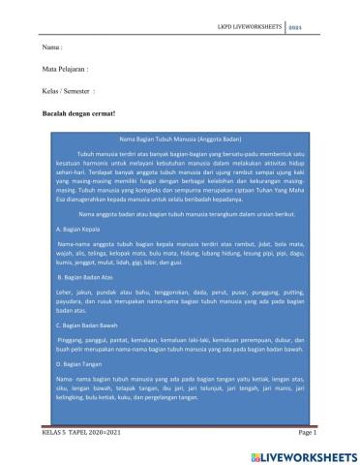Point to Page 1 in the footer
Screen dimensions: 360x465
[308, 433]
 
